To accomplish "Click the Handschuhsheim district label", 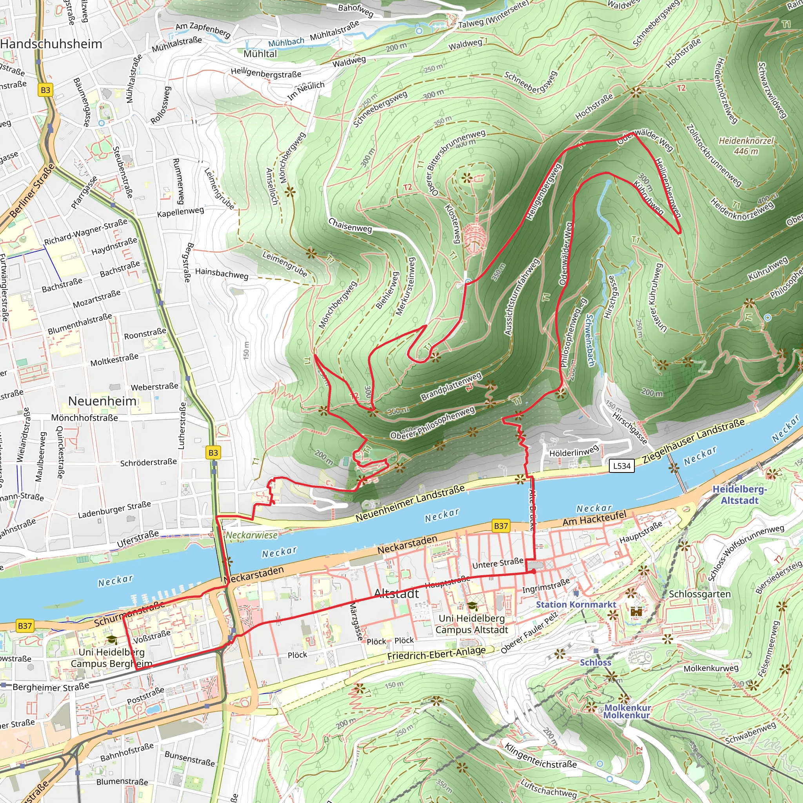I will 51,44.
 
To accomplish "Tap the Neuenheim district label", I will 102,401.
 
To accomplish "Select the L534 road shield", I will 622,466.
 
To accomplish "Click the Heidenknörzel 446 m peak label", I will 746,146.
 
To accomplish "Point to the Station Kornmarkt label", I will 576,605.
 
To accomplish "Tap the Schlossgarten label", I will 699,594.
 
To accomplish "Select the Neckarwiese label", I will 251,535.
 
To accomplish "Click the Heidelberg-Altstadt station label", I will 739,494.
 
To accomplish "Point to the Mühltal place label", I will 260,54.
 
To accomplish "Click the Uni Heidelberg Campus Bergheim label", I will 111,658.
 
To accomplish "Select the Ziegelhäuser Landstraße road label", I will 693,441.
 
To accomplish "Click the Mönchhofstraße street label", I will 84,418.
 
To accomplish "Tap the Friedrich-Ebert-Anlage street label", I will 436,653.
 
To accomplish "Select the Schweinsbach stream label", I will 590,340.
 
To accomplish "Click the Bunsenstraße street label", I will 189,759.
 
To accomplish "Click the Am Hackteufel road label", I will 594,519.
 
